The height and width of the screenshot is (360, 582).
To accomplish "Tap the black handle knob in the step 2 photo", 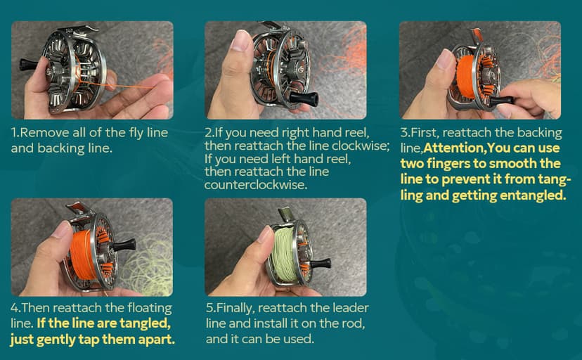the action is tap(303, 98).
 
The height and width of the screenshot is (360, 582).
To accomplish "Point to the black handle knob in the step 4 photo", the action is tap(124, 245).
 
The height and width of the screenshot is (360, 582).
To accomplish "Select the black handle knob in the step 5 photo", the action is tap(321, 264).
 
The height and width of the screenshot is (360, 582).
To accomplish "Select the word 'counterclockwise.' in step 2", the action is tap(256, 184).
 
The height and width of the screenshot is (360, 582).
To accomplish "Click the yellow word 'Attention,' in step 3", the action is tap(455, 148).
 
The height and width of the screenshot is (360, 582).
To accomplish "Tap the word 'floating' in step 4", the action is tap(150, 308).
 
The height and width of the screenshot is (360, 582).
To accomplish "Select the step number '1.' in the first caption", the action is tap(15, 132).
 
